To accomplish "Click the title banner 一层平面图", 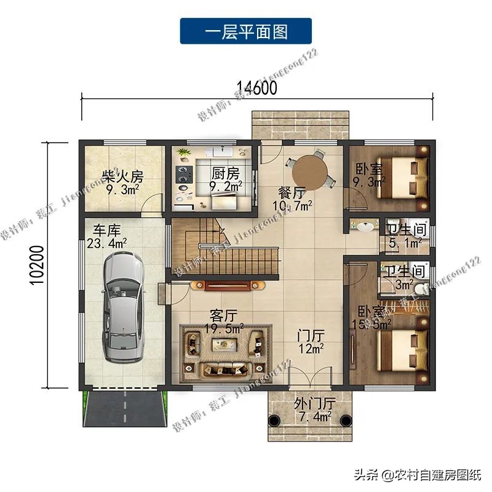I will coord(246,31).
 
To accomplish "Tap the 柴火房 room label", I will coord(122,177).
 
